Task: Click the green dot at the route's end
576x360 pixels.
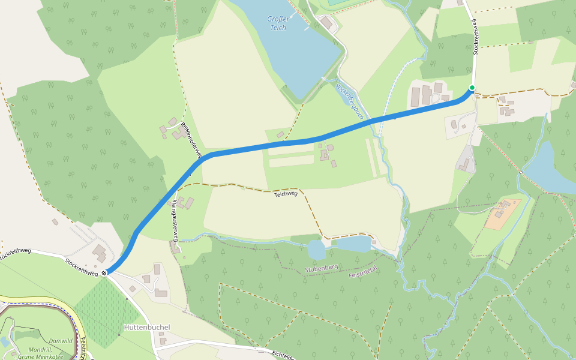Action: click(x=472, y=88)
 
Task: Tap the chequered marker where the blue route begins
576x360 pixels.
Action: click(x=104, y=273)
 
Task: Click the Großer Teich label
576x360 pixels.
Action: click(x=278, y=23)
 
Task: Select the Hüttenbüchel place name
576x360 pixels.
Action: click(x=146, y=327)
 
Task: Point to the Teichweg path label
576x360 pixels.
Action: click(x=286, y=194)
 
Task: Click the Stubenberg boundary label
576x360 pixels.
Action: click(x=322, y=267)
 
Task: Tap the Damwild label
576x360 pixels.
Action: click(x=61, y=341)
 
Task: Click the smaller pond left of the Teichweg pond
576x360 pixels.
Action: click(x=317, y=249)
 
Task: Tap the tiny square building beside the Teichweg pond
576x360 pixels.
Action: click(x=374, y=243)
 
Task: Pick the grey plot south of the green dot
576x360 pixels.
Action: click(x=466, y=158)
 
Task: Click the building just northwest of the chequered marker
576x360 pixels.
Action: click(x=98, y=252)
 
